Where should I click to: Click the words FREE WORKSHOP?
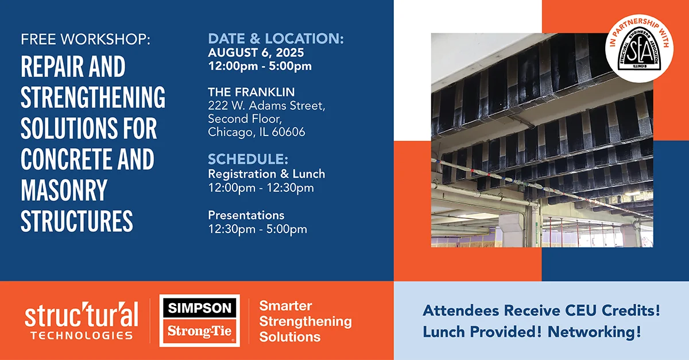click(x=86, y=40)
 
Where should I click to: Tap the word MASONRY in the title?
click(x=64, y=190)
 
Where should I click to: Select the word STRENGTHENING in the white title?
click(x=93, y=97)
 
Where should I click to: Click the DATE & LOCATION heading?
click(x=276, y=38)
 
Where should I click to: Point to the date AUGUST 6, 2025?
click(x=256, y=53)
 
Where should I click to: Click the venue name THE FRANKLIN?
click(x=251, y=92)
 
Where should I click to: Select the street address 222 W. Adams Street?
click(x=266, y=106)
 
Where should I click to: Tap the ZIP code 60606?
click(x=288, y=132)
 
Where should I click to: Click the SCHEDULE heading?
click(x=248, y=159)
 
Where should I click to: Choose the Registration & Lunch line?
click(x=266, y=174)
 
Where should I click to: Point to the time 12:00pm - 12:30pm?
click(x=261, y=188)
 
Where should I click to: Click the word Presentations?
click(x=246, y=215)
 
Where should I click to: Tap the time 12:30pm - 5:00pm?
click(x=257, y=229)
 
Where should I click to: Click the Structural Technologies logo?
click(x=82, y=320)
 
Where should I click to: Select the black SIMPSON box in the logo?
click(x=200, y=308)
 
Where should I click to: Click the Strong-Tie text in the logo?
click(x=200, y=331)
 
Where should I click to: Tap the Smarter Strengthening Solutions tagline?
click(x=305, y=321)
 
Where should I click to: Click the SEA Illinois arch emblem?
click(x=640, y=49)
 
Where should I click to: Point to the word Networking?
click(x=594, y=332)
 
